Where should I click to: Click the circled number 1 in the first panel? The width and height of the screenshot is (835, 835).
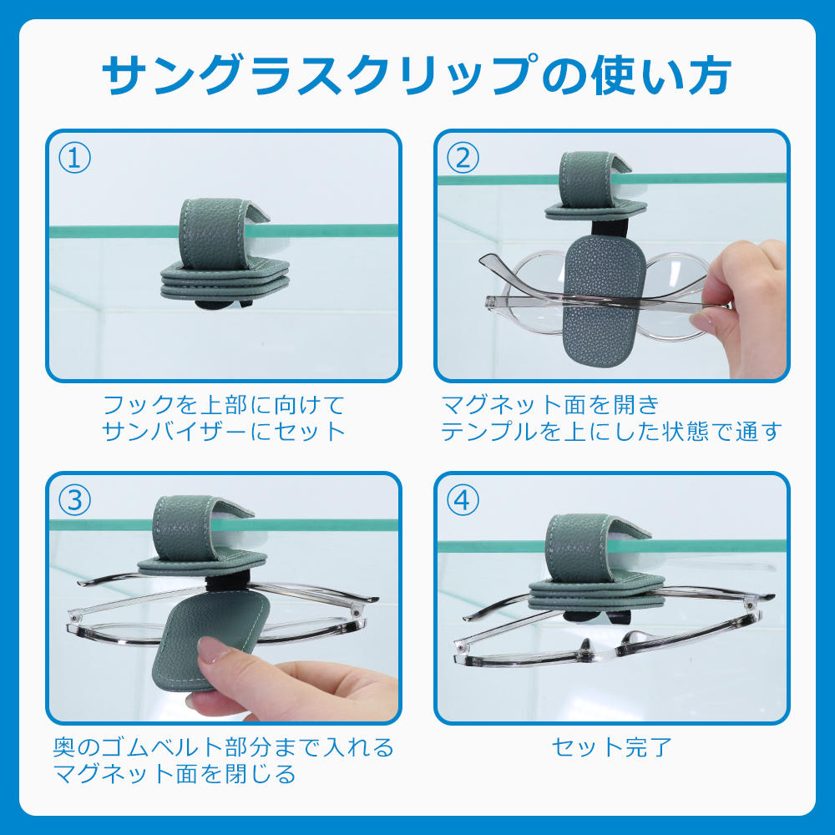pyautogui.click(x=74, y=158)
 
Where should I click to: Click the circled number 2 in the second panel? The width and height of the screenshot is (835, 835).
pyautogui.click(x=463, y=158)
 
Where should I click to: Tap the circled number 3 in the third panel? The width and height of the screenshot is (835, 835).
pyautogui.click(x=74, y=500)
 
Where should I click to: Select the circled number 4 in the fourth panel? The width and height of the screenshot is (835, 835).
pyautogui.click(x=463, y=500)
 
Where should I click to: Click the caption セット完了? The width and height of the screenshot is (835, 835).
pyautogui.click(x=611, y=746)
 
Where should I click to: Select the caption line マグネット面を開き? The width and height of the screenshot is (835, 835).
pyautogui.click(x=550, y=405)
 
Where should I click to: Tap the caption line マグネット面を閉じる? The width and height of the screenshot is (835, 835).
pyautogui.click(x=175, y=774)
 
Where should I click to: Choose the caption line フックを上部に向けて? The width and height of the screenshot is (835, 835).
pyautogui.click(x=224, y=405)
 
